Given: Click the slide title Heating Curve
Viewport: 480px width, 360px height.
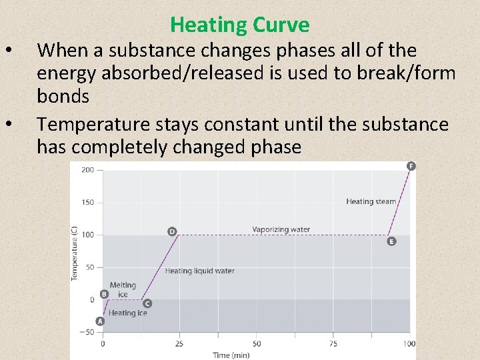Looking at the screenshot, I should click(240, 25).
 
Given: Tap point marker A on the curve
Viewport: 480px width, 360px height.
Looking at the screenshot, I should click(100, 321).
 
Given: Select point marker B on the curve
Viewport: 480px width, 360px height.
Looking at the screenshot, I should click(104, 294).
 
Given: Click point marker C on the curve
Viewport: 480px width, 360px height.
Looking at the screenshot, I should click(147, 303).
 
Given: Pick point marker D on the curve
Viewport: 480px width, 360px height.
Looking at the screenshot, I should click(172, 231).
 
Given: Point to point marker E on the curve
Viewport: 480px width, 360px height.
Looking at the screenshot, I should click(391, 241).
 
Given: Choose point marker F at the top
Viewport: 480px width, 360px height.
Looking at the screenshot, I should click(411, 165).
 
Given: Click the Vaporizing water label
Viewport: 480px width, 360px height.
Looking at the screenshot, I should click(281, 229).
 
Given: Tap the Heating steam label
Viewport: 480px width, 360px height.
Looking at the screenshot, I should click(371, 201).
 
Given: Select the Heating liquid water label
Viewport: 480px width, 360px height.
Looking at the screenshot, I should click(199, 271).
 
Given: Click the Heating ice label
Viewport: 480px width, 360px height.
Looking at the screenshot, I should click(127, 313).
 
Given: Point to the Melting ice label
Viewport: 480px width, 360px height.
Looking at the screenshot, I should click(123, 289).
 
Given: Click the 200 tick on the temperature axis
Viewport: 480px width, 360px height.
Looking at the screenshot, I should click(88, 170).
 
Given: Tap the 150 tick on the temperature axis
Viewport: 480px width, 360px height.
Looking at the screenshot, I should click(88, 203).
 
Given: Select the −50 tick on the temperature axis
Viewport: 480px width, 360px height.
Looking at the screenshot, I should click(87, 332).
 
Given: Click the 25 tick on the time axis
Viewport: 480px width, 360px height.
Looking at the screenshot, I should click(179, 344).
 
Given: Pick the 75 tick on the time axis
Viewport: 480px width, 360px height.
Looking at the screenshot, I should click(333, 344).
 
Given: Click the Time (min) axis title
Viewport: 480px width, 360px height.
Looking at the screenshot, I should click(231, 355).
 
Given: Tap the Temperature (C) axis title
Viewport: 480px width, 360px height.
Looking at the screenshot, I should click(75, 253).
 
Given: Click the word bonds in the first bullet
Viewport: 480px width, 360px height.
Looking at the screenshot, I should click(63, 96).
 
